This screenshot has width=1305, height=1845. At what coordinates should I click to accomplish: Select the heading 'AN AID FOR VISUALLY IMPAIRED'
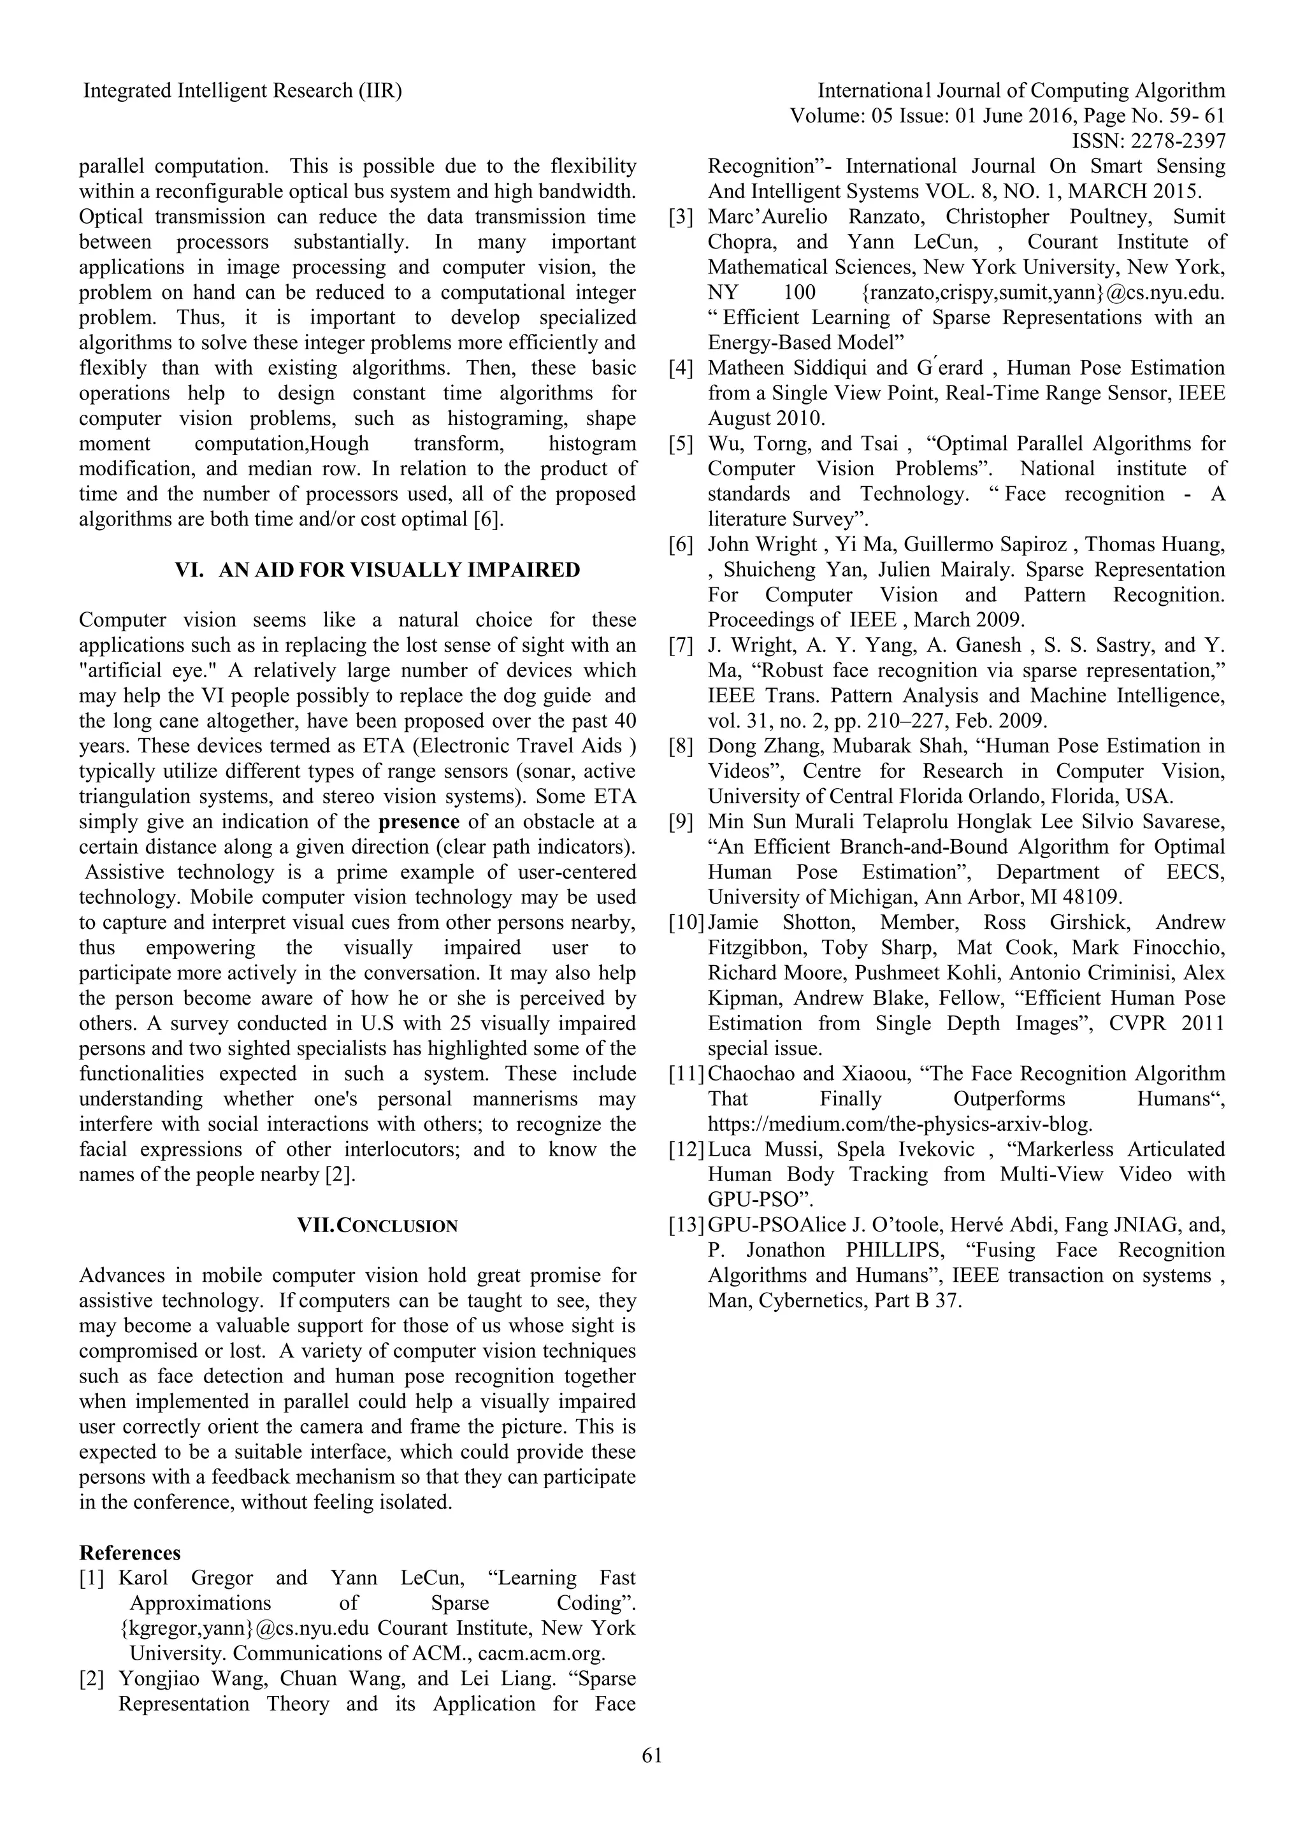pos(398,570)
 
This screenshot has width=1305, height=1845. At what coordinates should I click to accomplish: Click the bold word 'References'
pos(129,1553)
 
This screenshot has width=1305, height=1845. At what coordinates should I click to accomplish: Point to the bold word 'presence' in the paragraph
pos(419,821)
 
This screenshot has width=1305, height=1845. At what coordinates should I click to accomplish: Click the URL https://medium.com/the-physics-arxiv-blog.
pos(900,1124)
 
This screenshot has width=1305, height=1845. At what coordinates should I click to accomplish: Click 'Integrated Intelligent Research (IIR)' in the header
pos(243,91)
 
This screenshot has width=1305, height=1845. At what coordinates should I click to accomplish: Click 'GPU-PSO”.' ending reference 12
pos(760,1200)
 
